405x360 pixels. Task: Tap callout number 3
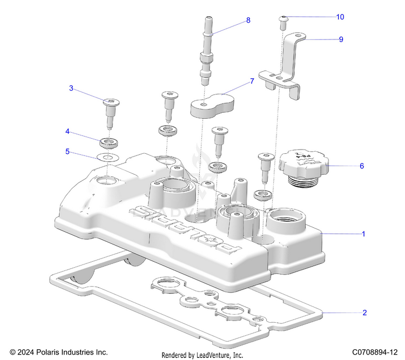click(71, 88)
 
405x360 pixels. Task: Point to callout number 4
click(67, 131)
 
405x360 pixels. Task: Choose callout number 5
click(67, 152)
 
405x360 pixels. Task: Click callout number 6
click(362, 166)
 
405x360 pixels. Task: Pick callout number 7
click(251, 81)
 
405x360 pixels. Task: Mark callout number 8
click(248, 20)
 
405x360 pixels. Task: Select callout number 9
click(341, 39)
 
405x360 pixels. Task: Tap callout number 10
click(340, 17)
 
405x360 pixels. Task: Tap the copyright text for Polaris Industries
click(59, 351)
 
